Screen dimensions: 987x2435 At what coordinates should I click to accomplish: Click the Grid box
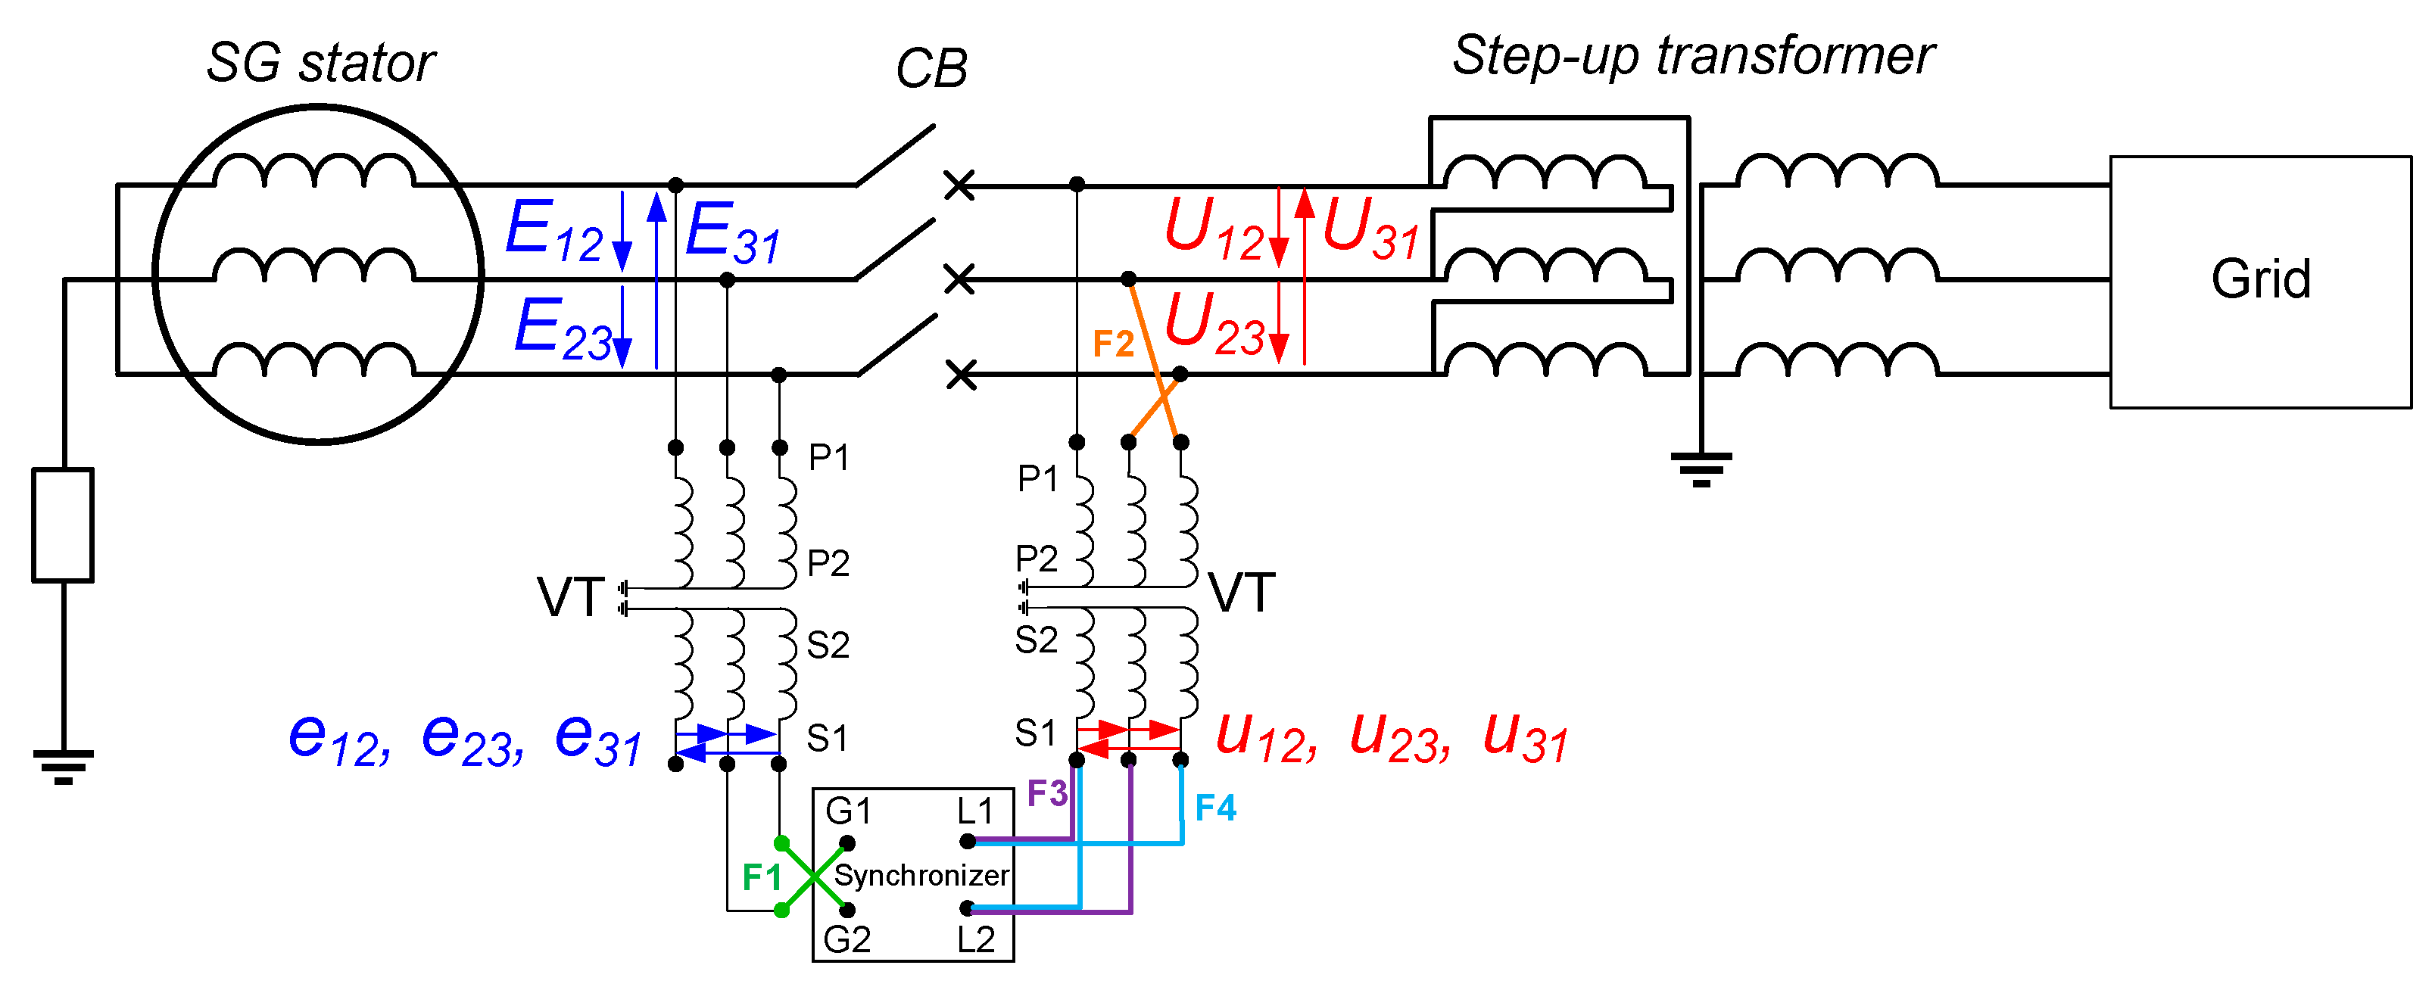(2259, 282)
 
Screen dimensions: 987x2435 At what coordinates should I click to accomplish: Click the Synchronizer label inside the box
(921, 876)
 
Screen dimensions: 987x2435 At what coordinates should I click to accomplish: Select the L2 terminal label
(975, 940)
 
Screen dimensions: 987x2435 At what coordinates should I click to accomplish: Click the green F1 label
(761, 877)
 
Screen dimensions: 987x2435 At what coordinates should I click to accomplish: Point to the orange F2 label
(1112, 344)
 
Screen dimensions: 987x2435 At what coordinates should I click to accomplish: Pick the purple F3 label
(1046, 793)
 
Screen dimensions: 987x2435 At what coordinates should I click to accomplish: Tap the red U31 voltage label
(1370, 230)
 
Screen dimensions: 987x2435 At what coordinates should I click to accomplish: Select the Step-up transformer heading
(1692, 54)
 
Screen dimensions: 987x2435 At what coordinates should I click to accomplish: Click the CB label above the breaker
(931, 69)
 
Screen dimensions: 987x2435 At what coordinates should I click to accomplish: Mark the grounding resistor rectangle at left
(62, 525)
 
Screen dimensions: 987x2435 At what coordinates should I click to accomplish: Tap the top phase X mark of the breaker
(959, 185)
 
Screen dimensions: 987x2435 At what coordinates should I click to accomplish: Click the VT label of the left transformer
(570, 597)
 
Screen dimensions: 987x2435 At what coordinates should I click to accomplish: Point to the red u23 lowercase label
(1399, 737)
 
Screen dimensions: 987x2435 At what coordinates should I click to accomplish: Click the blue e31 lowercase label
(597, 739)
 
